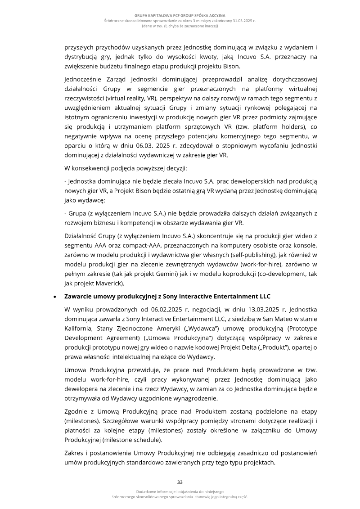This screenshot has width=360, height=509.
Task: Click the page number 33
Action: coord(180,482)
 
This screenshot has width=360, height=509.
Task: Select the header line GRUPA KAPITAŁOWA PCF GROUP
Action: coord(180,16)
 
